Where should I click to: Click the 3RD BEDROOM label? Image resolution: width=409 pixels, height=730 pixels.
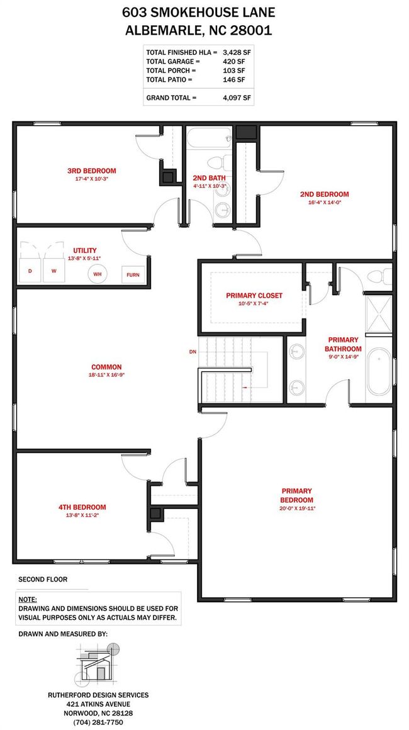[x=92, y=171]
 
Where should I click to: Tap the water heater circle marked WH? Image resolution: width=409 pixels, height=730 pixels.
[x=98, y=274]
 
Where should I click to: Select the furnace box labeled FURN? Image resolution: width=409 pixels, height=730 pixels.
[x=133, y=274]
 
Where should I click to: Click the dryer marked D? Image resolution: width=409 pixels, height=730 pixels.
[x=30, y=271]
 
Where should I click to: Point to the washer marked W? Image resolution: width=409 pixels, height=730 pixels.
[x=54, y=271]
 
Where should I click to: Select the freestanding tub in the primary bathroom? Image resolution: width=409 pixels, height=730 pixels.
[x=379, y=373]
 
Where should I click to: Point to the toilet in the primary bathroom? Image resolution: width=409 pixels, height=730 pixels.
[x=380, y=276]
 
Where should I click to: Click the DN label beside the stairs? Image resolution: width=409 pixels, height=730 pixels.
[x=192, y=352]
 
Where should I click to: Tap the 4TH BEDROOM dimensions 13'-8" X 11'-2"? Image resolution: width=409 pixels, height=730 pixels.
[x=82, y=515]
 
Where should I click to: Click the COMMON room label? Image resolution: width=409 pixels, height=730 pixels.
[x=106, y=367]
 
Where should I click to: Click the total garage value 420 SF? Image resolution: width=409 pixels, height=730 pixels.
[x=233, y=61]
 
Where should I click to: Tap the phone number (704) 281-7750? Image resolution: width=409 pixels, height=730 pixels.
[x=99, y=722]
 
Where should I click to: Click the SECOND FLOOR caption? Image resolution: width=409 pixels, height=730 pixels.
[x=43, y=580]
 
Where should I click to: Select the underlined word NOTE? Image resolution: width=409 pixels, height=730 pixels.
[x=28, y=600]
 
